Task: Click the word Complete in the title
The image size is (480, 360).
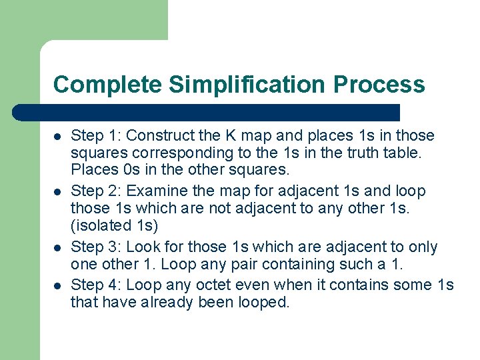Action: [x=107, y=85]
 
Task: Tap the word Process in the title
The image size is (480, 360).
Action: [x=379, y=85]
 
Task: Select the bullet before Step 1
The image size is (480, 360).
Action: [x=57, y=137]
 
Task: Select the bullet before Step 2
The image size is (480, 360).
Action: [x=57, y=192]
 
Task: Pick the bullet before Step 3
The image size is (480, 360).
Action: [x=57, y=248]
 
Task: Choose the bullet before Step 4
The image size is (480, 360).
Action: [x=57, y=285]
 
